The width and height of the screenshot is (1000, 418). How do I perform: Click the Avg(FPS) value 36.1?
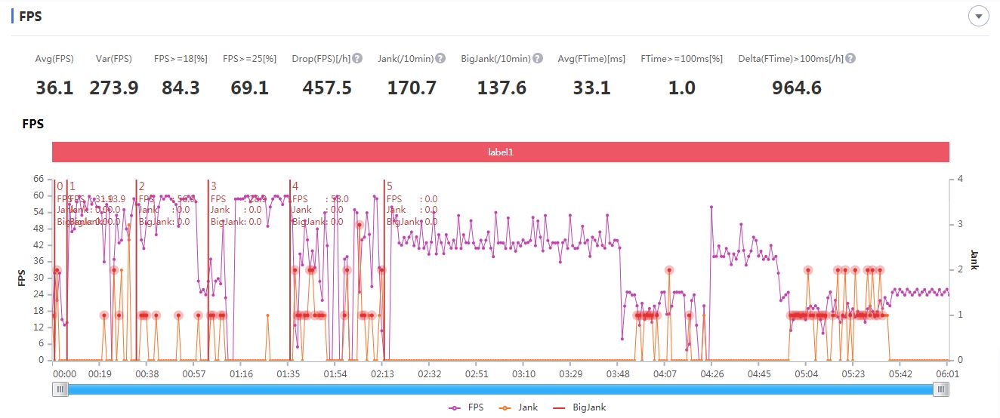(54, 88)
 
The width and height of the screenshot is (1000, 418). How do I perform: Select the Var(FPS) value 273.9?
(114, 88)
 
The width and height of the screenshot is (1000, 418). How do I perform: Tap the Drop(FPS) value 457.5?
(327, 88)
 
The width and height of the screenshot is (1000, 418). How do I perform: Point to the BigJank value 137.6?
(502, 88)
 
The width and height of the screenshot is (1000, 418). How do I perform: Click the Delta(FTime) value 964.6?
(796, 88)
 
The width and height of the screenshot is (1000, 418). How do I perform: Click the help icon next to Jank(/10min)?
(440, 58)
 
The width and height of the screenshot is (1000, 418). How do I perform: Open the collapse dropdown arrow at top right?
(979, 17)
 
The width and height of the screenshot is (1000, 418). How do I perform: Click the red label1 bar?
(500, 152)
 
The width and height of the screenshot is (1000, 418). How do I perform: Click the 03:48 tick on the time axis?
(618, 373)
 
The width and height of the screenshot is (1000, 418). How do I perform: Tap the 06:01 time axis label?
(947, 373)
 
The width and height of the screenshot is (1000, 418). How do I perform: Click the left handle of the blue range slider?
(60, 389)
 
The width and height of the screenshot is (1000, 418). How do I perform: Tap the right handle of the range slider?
(941, 389)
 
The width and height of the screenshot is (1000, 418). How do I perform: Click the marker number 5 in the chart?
(389, 186)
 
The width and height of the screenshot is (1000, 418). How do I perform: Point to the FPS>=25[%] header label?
(249, 58)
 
